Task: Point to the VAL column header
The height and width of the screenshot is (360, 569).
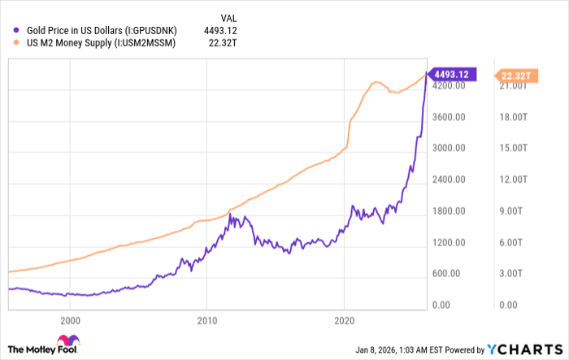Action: (x=230, y=15)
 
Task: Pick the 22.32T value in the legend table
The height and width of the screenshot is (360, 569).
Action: (x=229, y=42)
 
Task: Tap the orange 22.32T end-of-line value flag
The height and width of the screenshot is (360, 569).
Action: (x=515, y=76)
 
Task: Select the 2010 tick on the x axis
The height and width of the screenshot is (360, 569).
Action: (x=207, y=320)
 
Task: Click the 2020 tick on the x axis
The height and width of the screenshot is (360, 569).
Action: (x=345, y=320)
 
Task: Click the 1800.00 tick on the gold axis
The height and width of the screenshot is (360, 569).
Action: (x=449, y=211)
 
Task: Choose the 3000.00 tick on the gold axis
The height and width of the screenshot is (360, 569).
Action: (x=449, y=149)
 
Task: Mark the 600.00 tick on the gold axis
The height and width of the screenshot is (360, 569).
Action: (x=449, y=274)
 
